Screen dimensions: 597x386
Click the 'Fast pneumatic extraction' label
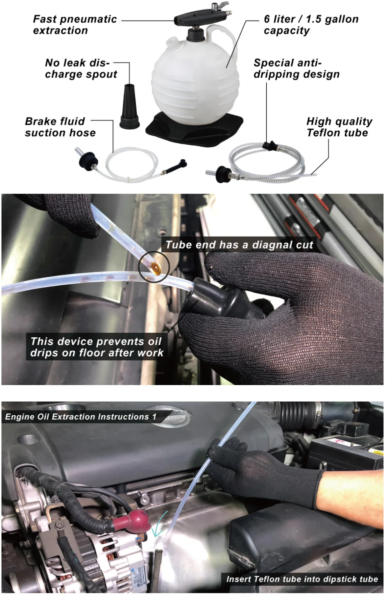(75, 25)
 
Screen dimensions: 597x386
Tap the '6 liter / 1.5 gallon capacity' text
(311, 25)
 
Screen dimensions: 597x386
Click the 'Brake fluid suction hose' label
(60, 127)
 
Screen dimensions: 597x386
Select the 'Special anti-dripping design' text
(296, 68)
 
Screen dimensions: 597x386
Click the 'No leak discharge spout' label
(81, 68)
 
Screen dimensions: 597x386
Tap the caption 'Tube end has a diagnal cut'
(239, 245)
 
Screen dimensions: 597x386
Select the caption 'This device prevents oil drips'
(97, 347)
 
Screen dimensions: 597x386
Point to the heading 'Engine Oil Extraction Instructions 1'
(81, 417)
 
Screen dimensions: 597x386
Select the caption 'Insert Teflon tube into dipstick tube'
(302, 579)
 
